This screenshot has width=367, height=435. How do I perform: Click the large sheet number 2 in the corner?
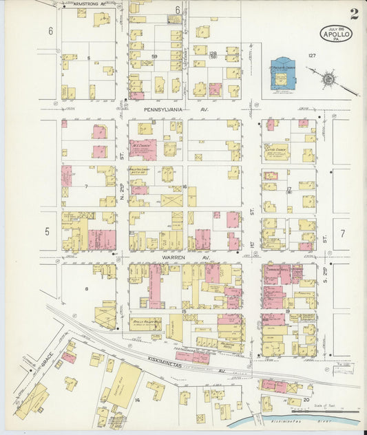pyautogui.click(x=353, y=14)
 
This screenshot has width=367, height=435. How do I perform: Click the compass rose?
pyautogui.click(x=329, y=79)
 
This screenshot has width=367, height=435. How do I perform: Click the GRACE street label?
pyautogui.click(x=47, y=359)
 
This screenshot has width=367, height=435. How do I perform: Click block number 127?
pyautogui.click(x=312, y=55)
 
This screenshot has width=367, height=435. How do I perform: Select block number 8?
pyautogui.click(x=87, y=288)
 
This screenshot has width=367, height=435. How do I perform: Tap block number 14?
pyautogui.click(x=137, y=399)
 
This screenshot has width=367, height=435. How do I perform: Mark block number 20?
pyautogui.click(x=306, y=399)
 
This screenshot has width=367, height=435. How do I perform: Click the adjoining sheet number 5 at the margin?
pyautogui.click(x=48, y=231)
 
